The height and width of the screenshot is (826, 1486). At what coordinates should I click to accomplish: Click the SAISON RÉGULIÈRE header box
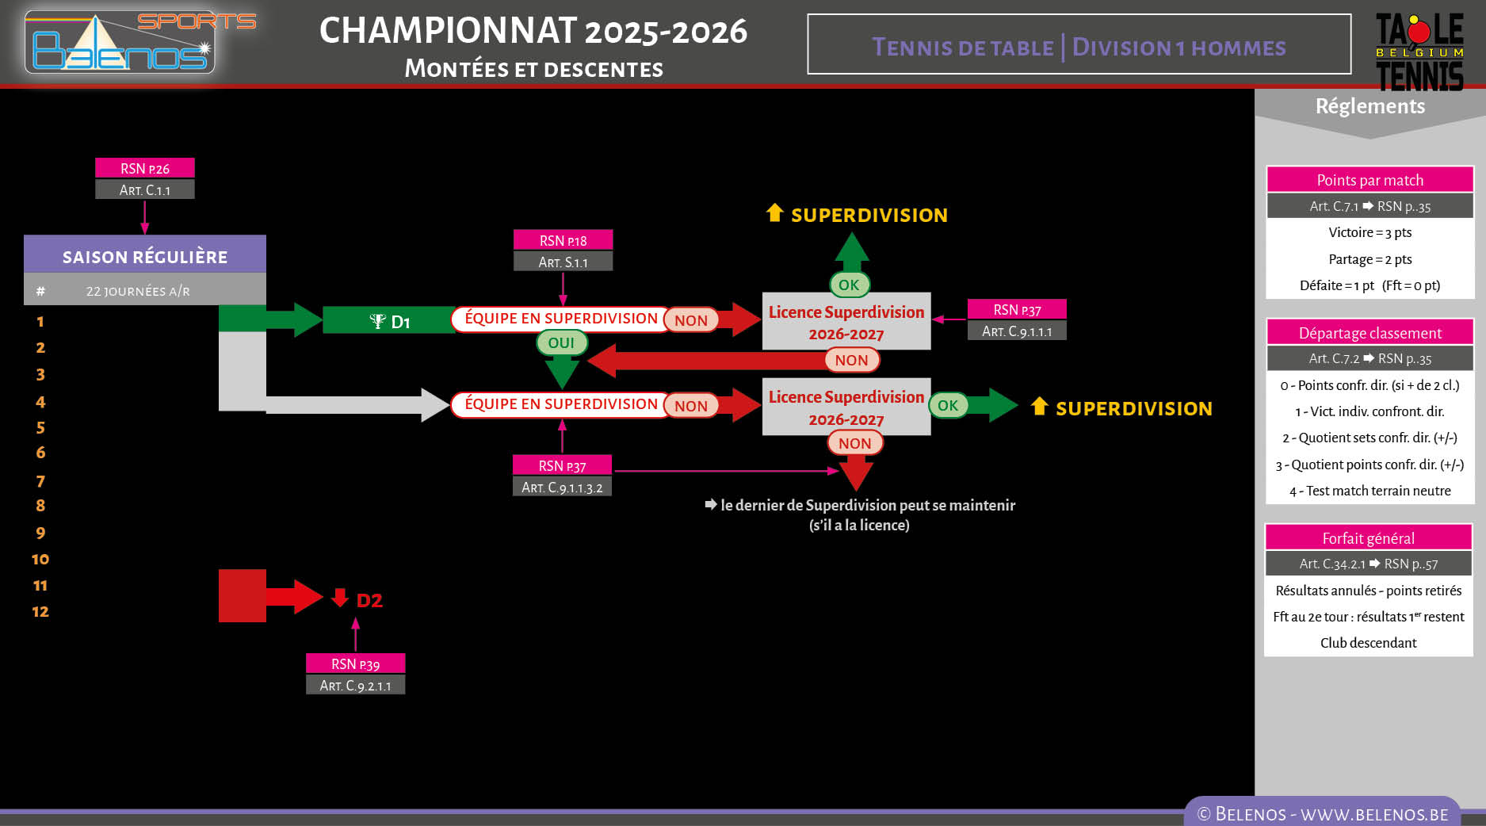145,256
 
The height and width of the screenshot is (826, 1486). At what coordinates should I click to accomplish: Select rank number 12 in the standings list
40,611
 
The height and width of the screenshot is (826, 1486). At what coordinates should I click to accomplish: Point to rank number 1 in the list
40,322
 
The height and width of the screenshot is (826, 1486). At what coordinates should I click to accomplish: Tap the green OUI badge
561,342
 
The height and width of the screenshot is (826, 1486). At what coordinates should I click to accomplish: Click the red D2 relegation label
368,600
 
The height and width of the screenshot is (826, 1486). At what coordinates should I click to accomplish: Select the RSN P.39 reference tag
355,663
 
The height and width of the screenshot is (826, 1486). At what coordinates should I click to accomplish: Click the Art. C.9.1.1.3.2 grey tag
562,488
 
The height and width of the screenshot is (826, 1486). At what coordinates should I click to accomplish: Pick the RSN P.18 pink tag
563,240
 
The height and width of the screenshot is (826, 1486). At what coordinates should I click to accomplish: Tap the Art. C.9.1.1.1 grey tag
1017,331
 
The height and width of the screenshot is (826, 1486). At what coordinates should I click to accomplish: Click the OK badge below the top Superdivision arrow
849,285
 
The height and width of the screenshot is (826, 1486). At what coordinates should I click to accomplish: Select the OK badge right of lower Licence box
947,405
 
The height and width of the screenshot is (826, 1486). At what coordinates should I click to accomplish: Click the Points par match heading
1369,180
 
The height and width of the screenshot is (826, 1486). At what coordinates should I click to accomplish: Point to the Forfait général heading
1368,538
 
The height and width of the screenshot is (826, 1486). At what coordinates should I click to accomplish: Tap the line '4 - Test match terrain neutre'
1369,491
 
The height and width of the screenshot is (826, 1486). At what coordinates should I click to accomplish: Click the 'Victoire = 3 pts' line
1369,232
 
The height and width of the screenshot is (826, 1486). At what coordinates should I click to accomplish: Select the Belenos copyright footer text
1322,814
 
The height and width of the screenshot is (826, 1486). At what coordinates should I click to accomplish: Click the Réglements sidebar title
1369,106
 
